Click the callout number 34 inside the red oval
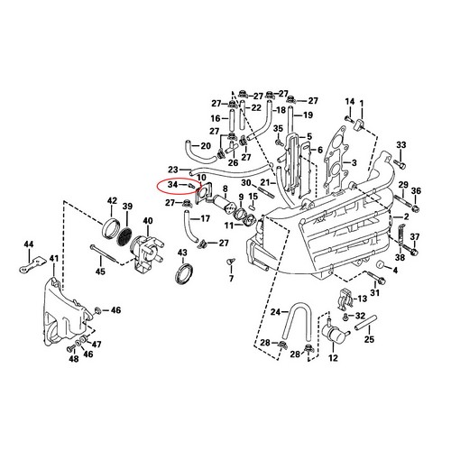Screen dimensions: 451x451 pos(173,184)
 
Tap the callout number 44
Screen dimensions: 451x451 pos(29,244)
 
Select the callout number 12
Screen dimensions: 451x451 pos(333,358)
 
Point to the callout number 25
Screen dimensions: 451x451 pos(369,339)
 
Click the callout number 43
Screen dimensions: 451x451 pos(182,253)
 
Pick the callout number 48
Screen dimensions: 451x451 pos(74,358)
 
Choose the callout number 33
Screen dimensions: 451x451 pos(401,145)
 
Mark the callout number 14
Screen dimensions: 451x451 pos(350,102)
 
